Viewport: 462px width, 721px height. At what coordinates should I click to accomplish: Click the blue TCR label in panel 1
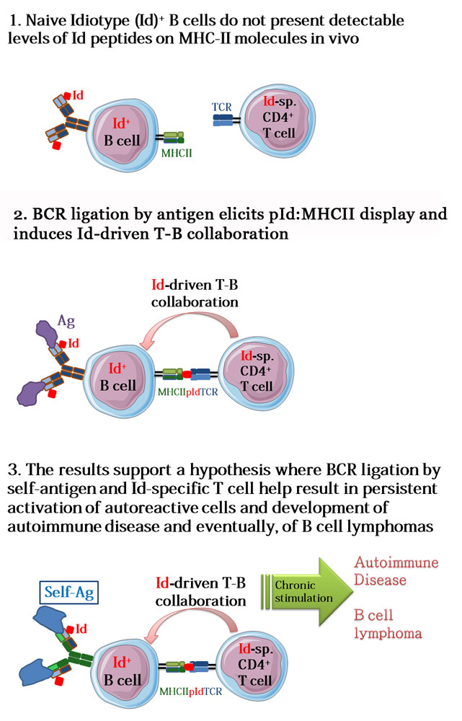click(x=221, y=107)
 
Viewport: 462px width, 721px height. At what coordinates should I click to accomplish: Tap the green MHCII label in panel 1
click(x=177, y=153)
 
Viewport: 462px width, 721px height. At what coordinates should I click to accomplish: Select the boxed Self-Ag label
click(x=69, y=592)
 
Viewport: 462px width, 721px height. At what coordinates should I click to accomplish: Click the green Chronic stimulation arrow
click(x=307, y=591)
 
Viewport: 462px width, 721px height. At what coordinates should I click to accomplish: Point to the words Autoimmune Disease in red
click(x=396, y=570)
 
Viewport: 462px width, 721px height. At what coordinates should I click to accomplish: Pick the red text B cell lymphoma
click(x=388, y=624)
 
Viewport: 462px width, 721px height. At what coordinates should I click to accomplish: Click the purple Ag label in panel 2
click(x=66, y=321)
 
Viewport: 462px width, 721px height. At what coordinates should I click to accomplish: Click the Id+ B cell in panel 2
click(x=119, y=379)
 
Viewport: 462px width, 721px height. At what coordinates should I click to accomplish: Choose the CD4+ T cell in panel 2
click(x=256, y=371)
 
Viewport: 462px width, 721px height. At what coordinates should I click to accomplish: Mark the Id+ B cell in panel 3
click(x=123, y=672)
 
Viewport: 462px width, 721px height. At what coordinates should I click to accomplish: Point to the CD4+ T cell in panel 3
click(x=252, y=665)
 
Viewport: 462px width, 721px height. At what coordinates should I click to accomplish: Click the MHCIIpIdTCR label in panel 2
click(x=187, y=392)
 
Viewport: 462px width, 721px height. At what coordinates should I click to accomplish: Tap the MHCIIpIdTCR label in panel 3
click(x=191, y=691)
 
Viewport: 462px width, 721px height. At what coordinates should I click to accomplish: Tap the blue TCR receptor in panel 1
click(x=223, y=120)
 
